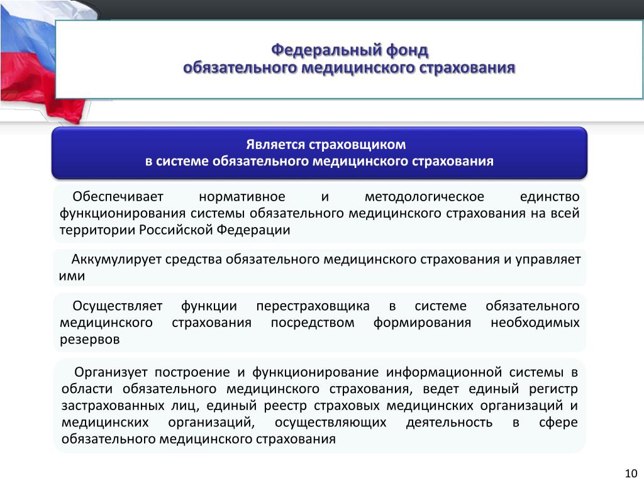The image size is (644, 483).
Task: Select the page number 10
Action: point(631,473)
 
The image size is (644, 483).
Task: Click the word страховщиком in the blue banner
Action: point(357,145)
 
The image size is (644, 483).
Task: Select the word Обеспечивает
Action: point(118,197)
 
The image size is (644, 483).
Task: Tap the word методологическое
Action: point(424,197)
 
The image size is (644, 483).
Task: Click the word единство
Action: point(550,197)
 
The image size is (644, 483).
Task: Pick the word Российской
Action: point(176,230)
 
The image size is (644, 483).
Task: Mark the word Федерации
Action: point(253,230)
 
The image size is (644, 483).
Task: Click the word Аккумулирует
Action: point(116,260)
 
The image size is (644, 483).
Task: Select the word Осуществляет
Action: point(118,306)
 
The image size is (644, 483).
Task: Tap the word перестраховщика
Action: point(313,306)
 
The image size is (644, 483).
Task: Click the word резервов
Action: point(89,340)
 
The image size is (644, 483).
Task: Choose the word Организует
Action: point(111,372)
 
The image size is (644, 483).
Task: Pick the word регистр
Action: point(553,389)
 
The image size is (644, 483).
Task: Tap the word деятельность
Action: point(449,422)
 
